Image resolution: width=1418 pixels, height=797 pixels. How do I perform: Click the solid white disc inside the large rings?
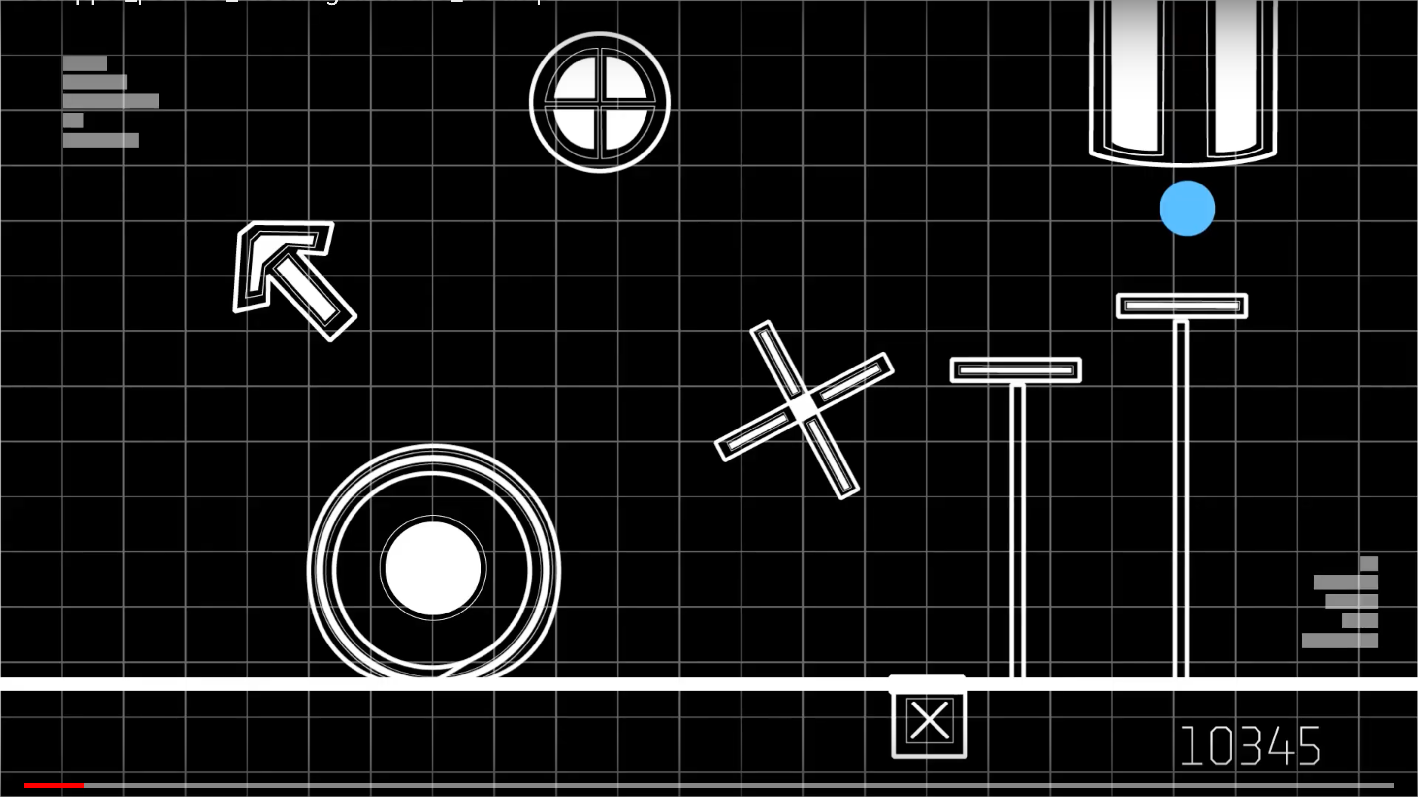(x=433, y=568)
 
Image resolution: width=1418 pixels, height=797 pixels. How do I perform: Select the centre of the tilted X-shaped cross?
(x=803, y=409)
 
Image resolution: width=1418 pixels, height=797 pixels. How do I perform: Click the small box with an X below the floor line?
(x=929, y=721)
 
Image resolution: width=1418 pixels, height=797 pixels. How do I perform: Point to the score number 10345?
(x=1250, y=746)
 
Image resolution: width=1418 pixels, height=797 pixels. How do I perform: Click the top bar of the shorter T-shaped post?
(x=1016, y=370)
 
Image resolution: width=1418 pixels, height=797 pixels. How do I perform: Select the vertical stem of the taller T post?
(x=1181, y=495)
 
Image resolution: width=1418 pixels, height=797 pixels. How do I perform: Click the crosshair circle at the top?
(x=600, y=102)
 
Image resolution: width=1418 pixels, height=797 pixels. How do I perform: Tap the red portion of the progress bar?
(x=54, y=785)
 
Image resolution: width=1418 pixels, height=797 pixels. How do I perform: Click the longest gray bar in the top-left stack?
(x=111, y=101)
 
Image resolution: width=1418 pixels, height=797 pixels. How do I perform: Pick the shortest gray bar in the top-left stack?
(x=73, y=121)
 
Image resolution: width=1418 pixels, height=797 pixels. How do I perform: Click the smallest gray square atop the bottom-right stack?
(x=1369, y=564)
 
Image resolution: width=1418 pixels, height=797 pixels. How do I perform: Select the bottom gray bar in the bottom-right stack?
(x=1340, y=641)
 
